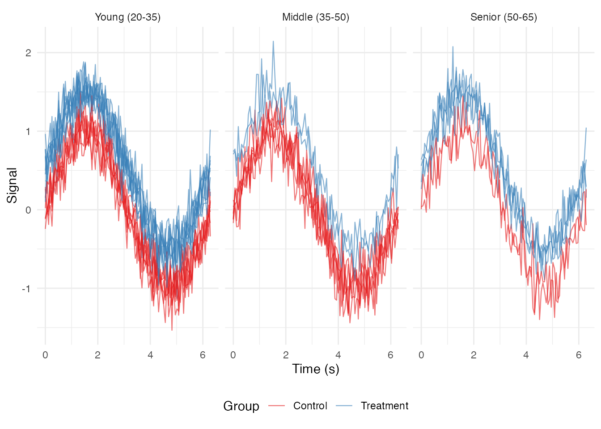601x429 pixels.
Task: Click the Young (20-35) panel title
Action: [127, 17]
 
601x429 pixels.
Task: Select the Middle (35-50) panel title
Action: [316, 17]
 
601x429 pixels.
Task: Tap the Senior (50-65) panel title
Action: [504, 17]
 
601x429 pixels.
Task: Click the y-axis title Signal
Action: [12, 185]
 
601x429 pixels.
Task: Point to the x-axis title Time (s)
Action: [316, 369]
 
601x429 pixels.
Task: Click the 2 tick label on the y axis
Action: [29, 53]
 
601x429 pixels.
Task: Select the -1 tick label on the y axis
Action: [27, 289]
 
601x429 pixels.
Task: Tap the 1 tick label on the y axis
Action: [29, 131]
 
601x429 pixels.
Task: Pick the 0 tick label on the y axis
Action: [29, 210]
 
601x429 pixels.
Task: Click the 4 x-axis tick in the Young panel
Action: [150, 355]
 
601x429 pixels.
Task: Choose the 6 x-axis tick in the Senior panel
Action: [579, 355]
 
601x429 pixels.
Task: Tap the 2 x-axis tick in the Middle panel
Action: [286, 355]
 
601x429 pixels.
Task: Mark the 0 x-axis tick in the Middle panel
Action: [233, 355]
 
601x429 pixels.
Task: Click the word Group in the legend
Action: [241, 406]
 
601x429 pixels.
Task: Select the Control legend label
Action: [310, 406]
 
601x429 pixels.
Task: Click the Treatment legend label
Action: [385, 406]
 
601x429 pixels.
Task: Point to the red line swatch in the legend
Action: [276, 406]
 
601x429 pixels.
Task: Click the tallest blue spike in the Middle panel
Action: [273, 42]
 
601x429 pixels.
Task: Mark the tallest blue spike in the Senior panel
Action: [453, 46]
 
